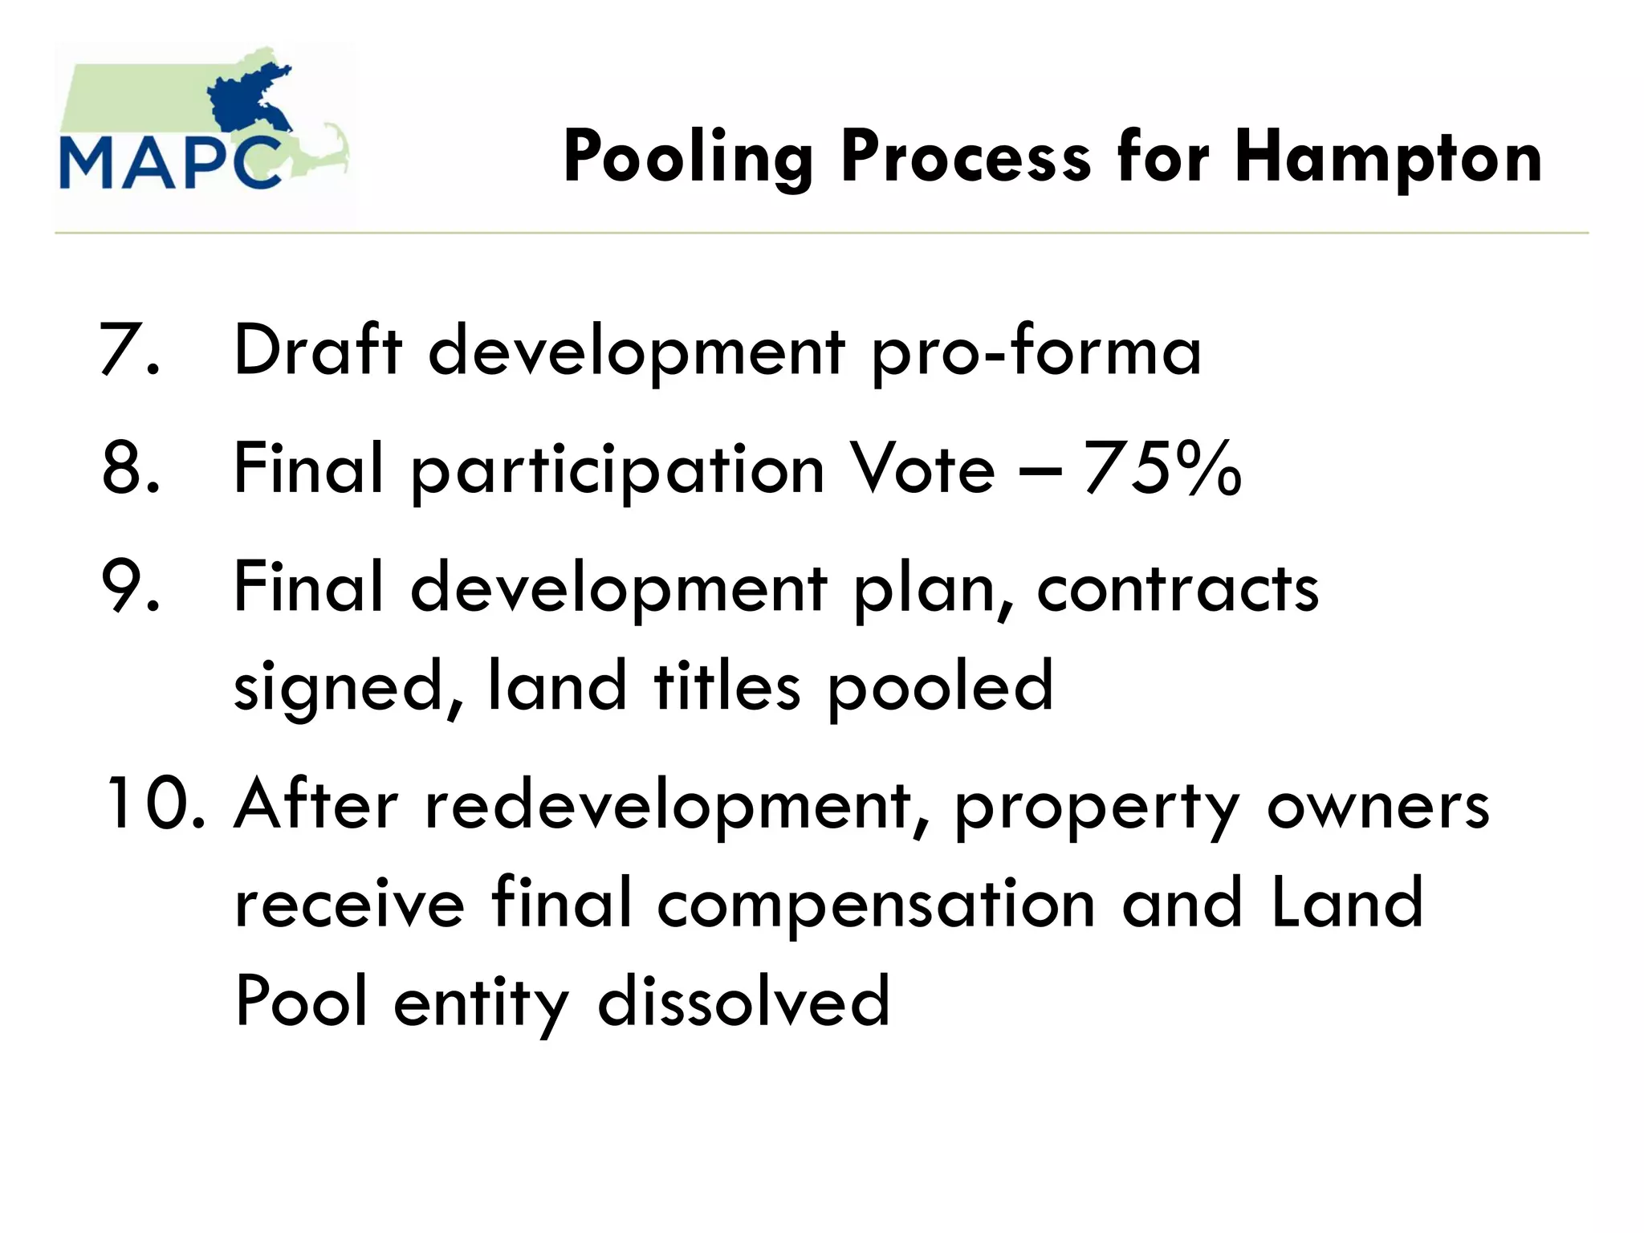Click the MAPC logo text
[x=171, y=163]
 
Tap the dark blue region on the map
[x=249, y=100]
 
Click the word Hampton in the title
[x=1388, y=158]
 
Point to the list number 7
[x=128, y=350]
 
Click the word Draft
[x=318, y=350]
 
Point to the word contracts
[x=1178, y=589]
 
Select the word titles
[x=727, y=686]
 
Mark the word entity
[x=482, y=1003]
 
